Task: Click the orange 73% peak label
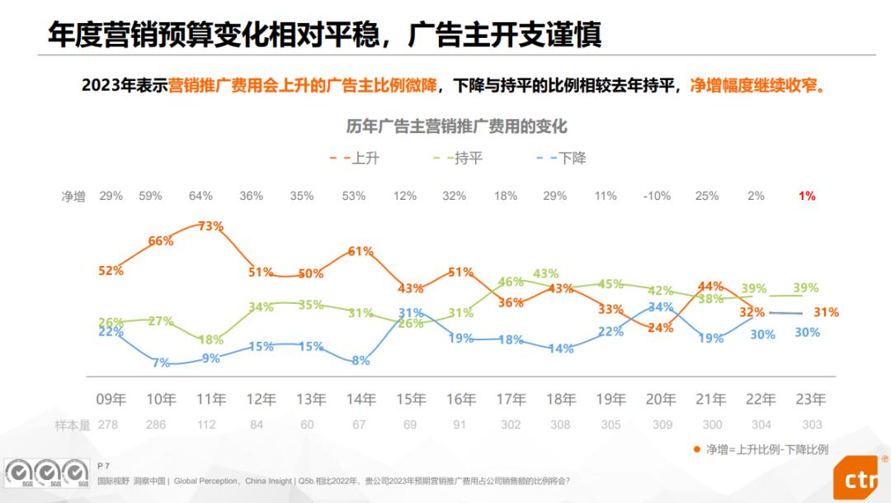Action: tap(211, 226)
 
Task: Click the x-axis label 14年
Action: tap(361, 400)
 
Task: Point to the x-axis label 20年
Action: tap(660, 400)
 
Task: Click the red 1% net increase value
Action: tap(807, 196)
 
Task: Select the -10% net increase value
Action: tap(658, 196)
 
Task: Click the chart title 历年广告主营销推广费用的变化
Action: tap(456, 126)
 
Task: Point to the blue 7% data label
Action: tap(161, 362)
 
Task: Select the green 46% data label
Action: tap(511, 282)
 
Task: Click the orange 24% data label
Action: tap(660, 327)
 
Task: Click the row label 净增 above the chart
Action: tap(73, 197)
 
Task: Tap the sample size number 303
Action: tap(811, 425)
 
